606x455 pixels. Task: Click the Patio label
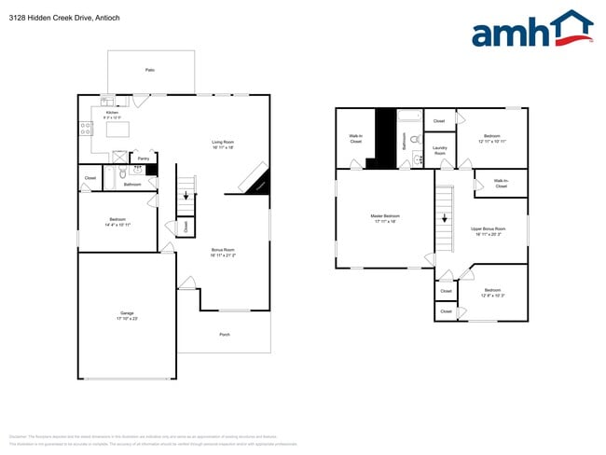[x=149, y=70]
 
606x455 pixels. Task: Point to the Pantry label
[x=143, y=159]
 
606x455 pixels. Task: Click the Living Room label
[x=222, y=145]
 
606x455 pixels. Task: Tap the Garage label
[x=127, y=315]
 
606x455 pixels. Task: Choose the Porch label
[x=224, y=335]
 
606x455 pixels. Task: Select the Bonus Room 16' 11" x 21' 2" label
[x=223, y=252]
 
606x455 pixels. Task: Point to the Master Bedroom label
[x=384, y=218]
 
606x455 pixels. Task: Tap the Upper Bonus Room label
[x=488, y=230]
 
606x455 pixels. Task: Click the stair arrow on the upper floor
[x=445, y=220]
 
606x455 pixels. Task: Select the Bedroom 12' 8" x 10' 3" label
[x=492, y=292]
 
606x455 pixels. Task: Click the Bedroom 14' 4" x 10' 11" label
[x=117, y=222]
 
